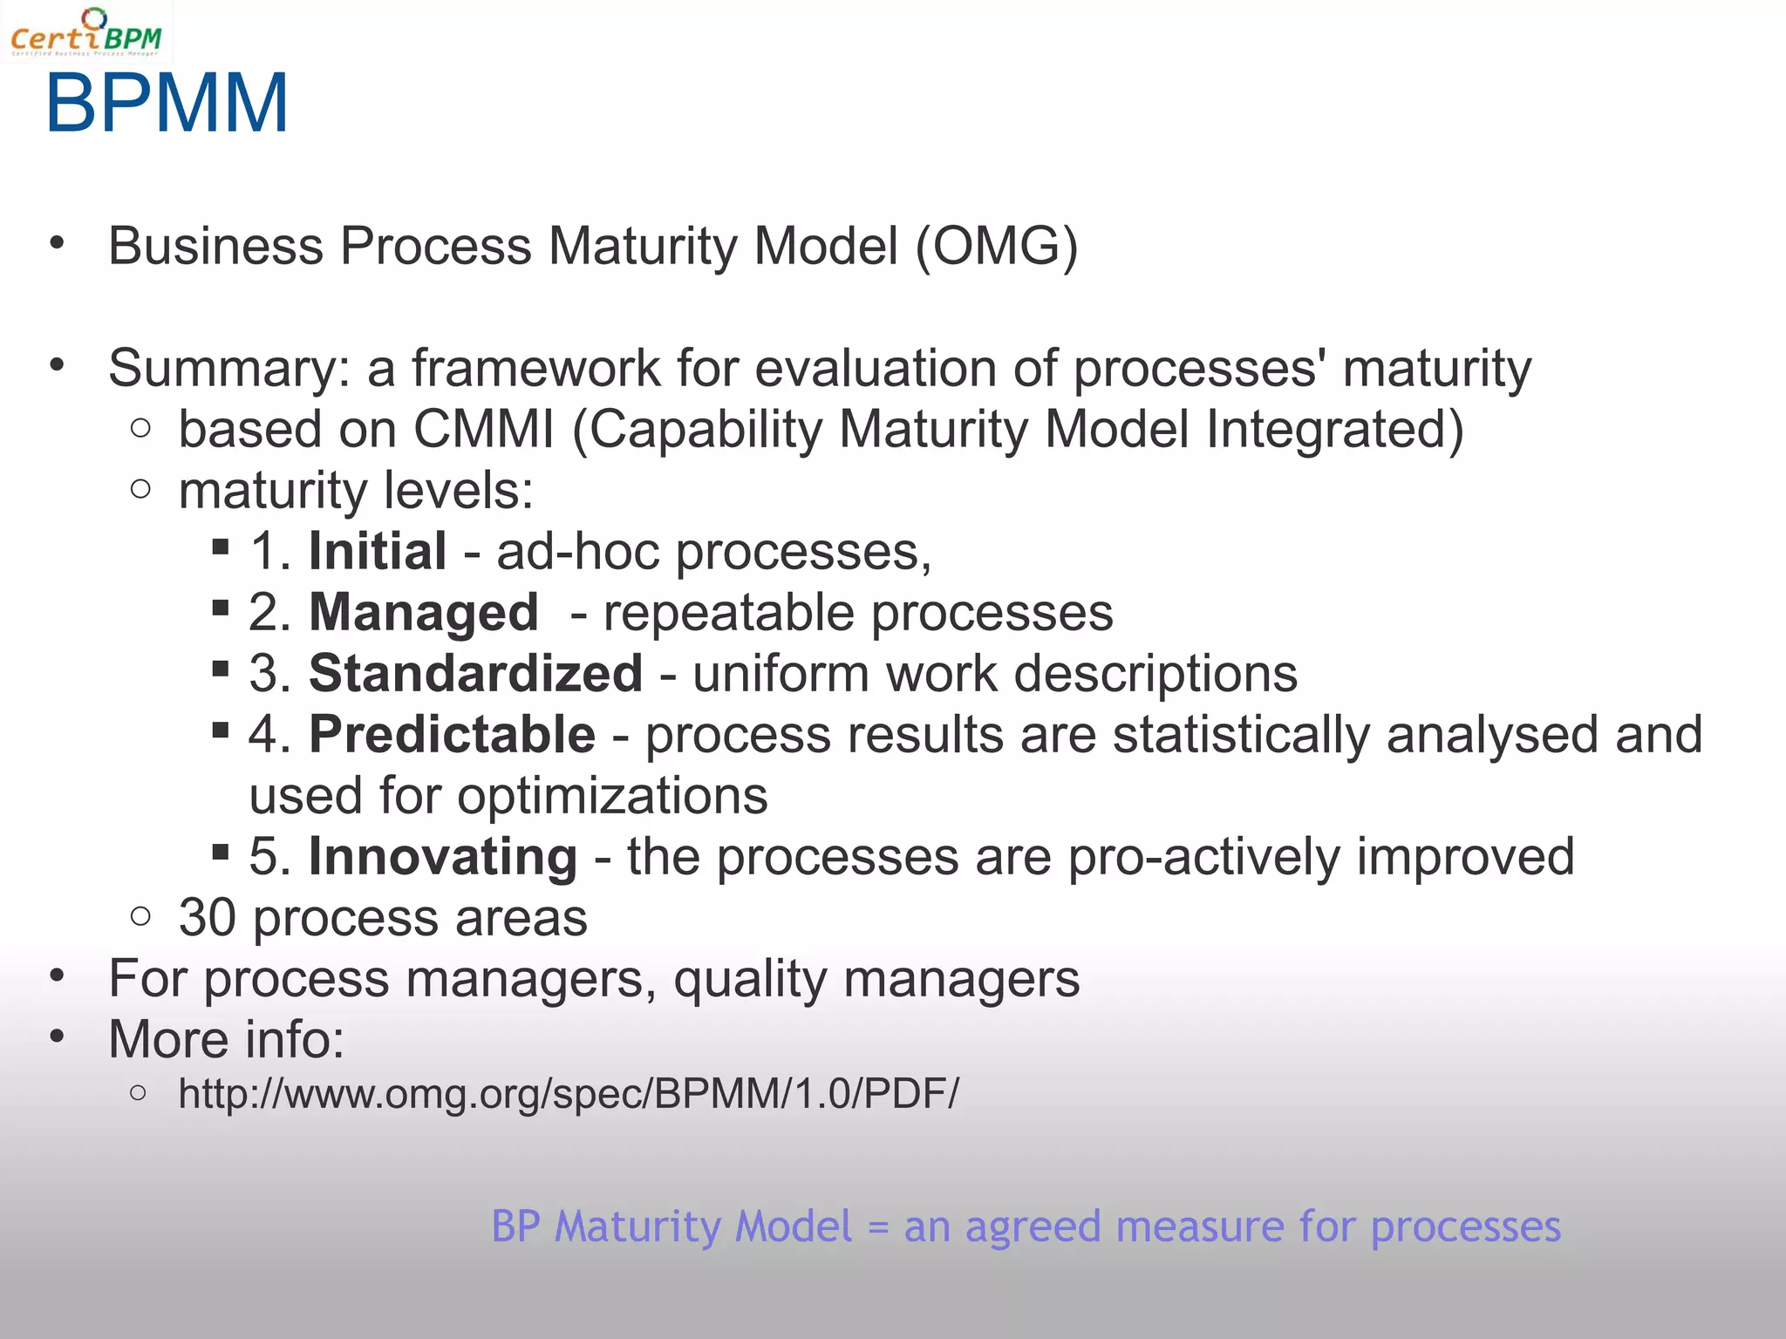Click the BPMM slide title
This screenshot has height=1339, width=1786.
167,104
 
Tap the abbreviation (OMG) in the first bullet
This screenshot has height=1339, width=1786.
997,247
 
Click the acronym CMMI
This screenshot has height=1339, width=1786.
483,430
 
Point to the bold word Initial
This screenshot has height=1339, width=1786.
378,552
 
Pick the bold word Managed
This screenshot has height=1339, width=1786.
424,613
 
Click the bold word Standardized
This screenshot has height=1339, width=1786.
475,674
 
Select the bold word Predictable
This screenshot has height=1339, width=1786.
452,735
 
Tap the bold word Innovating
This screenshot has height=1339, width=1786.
442,857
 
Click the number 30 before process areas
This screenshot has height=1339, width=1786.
207,918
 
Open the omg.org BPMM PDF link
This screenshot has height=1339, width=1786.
568,1094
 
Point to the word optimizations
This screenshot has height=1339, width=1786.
612,796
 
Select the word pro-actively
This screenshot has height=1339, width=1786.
1203,857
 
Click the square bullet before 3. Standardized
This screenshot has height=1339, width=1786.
221,669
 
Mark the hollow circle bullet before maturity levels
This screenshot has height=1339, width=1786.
140,488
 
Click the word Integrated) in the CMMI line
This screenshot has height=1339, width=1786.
1334,430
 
